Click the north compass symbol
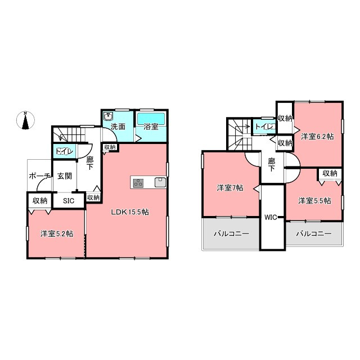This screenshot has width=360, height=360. (25, 120)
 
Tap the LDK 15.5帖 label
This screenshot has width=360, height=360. (130, 212)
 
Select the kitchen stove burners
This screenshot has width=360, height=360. (138, 183)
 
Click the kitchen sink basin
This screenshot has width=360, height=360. (160, 182)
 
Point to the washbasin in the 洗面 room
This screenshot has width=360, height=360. (107, 116)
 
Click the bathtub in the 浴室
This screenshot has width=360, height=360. (151, 119)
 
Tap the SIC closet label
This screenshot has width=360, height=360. (69, 201)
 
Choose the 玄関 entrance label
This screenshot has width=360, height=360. (65, 176)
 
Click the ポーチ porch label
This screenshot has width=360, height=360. (39, 176)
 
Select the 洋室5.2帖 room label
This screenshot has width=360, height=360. (57, 234)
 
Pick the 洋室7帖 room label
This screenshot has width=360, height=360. (230, 188)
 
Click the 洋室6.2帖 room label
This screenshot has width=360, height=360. (317, 137)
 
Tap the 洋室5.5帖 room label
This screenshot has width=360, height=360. (314, 201)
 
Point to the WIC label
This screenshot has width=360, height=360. (271, 218)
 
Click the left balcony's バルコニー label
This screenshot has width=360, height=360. (231, 234)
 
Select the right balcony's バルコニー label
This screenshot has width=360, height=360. (314, 234)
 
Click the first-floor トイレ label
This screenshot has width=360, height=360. (65, 151)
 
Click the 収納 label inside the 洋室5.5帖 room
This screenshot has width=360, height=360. (330, 174)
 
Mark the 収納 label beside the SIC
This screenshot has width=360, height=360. (40, 201)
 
